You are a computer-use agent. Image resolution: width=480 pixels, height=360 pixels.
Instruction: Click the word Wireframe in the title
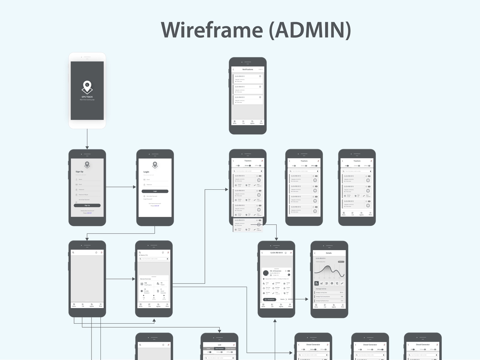212,30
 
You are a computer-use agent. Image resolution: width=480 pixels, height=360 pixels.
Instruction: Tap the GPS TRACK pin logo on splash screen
87,87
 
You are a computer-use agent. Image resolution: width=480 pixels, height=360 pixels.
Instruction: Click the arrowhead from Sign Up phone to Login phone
134,187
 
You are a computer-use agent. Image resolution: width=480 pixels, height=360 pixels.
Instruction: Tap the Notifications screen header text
247,69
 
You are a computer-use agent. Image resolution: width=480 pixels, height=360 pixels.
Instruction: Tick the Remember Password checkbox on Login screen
144,196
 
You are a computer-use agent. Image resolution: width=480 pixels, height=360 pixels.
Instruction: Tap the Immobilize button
269,299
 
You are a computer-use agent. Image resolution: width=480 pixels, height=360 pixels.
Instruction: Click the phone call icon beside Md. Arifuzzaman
289,274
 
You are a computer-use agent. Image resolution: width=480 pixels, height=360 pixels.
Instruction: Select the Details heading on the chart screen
328,253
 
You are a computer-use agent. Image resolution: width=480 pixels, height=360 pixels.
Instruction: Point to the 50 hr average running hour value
341,292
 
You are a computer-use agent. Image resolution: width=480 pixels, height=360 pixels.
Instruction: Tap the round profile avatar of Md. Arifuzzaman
265,273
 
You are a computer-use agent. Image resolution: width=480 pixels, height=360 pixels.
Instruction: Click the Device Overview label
145,279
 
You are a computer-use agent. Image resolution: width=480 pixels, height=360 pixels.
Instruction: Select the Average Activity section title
321,289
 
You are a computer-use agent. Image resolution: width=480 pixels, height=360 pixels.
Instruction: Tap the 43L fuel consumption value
342,296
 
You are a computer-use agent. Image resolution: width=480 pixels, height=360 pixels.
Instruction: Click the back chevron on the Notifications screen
233,69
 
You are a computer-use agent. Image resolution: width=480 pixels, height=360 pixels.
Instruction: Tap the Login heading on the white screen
146,172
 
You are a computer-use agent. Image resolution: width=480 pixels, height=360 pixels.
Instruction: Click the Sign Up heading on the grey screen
79,172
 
